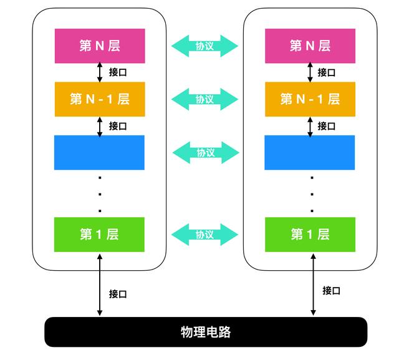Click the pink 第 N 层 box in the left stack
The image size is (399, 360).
(x=99, y=46)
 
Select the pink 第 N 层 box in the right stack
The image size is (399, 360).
(x=310, y=46)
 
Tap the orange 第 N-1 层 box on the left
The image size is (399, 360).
(x=99, y=99)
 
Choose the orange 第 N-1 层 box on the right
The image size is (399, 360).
(x=310, y=99)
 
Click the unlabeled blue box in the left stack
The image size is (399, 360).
(x=99, y=152)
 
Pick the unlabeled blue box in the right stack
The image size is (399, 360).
(x=310, y=152)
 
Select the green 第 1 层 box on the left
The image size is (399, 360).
(x=99, y=235)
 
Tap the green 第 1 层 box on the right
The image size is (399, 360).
(x=310, y=235)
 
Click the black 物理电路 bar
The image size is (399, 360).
(x=206, y=332)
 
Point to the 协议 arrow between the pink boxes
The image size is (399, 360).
(x=205, y=46)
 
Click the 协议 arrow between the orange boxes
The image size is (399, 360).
(x=205, y=99)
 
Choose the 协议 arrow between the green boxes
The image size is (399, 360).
(x=205, y=235)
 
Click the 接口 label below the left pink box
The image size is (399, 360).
(x=118, y=72)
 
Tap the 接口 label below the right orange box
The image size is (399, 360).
(x=327, y=126)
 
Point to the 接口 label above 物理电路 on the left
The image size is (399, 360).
(x=118, y=294)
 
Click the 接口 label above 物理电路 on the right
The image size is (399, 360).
(x=331, y=290)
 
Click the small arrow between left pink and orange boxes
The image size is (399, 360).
(x=100, y=72)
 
